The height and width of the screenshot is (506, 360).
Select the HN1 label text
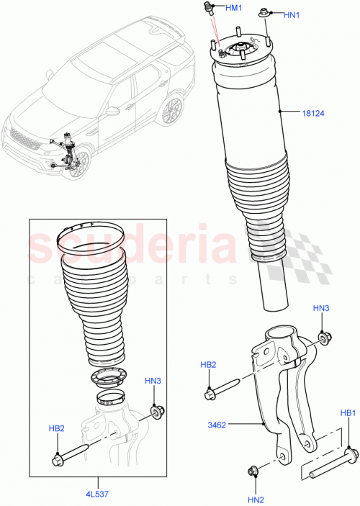pos(292,15)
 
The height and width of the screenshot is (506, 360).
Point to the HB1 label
pos(348,413)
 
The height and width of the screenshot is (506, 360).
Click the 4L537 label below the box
pos(96,493)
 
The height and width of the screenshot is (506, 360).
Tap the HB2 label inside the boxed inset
pos(58,428)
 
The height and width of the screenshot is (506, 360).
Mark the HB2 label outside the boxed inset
pos(208,365)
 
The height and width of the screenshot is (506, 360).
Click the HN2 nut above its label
pos(253,471)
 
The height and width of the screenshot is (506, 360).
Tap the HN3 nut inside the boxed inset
pos(156,412)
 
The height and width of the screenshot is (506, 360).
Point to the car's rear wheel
pos(171,112)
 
